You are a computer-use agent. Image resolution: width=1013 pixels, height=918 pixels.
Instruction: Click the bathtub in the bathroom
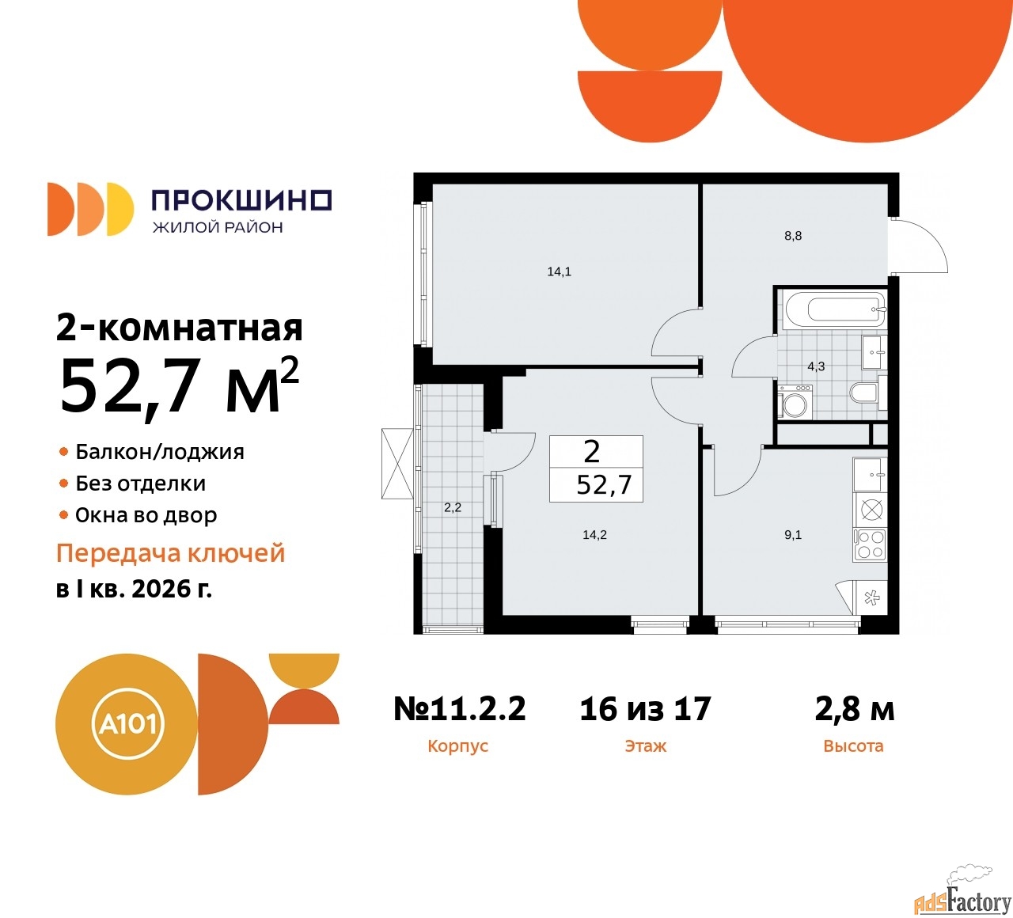(833, 309)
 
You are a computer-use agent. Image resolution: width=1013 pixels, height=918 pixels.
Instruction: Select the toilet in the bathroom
(864, 393)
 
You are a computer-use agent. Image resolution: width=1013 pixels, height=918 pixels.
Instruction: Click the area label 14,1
(559, 271)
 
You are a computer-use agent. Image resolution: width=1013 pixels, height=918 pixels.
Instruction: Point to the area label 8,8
(793, 236)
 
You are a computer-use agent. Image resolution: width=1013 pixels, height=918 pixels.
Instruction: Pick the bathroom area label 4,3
(816, 366)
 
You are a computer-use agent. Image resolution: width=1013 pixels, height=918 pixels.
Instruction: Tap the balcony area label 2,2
(452, 508)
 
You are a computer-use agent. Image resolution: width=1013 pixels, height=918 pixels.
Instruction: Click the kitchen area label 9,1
(793, 535)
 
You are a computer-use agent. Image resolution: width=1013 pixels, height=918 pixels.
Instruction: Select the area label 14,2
(594, 535)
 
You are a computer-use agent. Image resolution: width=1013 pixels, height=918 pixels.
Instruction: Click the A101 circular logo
(127, 724)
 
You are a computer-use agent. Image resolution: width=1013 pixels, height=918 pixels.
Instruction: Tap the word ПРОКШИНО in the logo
(241, 200)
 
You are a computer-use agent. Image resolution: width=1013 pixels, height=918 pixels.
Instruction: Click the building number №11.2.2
(460, 709)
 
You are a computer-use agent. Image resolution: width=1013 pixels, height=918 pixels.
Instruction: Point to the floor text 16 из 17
(645, 709)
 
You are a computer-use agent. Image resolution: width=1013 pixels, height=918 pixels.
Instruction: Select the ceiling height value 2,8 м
(854, 709)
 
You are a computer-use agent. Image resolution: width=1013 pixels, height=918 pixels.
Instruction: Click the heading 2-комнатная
(180, 328)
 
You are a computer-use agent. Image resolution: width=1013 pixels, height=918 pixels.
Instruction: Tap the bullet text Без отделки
(140, 484)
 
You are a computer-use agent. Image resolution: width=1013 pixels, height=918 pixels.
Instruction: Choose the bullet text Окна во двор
(146, 515)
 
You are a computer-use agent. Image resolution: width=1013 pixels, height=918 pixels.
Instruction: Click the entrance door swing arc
(922, 247)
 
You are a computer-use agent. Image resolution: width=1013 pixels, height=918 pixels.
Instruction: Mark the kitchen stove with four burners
(871, 544)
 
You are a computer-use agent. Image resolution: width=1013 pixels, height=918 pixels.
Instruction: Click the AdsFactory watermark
(962, 900)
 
